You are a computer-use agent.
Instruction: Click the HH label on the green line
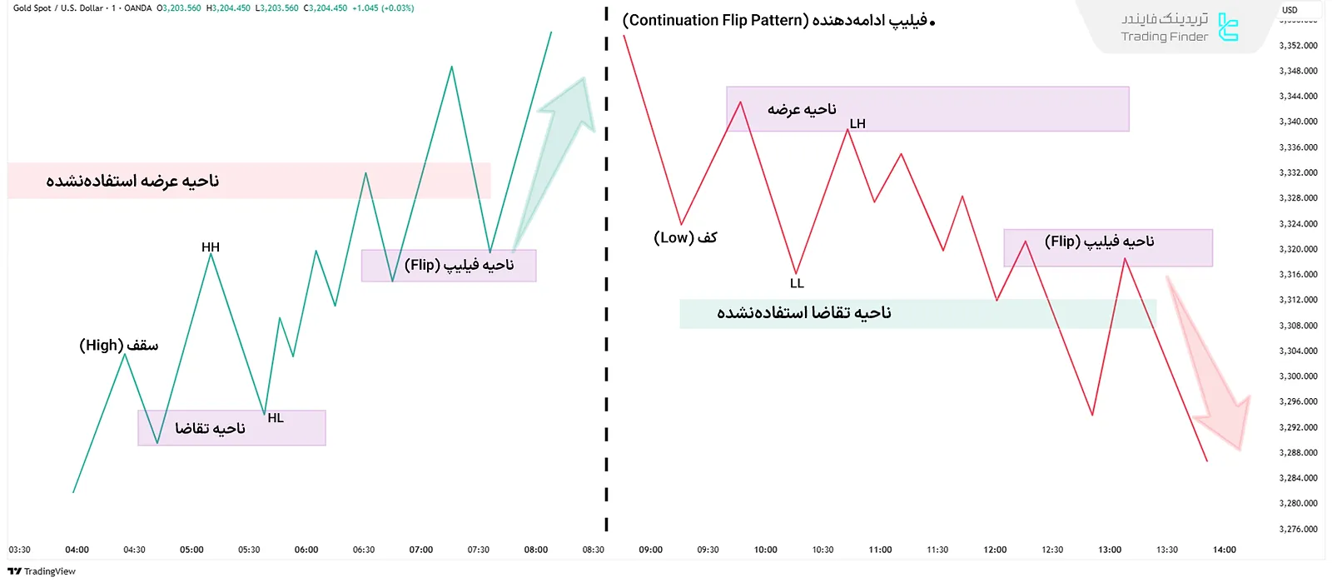211,247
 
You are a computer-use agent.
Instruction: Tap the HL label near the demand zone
276,418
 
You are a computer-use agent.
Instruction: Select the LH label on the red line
857,124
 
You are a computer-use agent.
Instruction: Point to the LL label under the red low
797,283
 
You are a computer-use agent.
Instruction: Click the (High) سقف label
118,345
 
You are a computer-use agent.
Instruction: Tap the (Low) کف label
685,237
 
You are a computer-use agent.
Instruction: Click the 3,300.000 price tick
1298,376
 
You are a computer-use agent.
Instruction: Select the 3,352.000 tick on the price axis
1298,46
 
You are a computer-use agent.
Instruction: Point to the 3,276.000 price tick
1298,529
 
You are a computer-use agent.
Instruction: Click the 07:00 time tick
421,550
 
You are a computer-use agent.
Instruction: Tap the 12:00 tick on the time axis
995,550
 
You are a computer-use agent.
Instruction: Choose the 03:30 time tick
19,550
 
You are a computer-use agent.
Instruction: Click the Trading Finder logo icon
1228,27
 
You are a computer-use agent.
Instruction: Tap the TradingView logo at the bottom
42,571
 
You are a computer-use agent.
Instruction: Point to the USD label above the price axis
1290,10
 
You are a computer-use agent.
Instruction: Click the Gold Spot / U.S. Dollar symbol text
58,8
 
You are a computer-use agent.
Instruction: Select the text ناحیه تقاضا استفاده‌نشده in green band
803,313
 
